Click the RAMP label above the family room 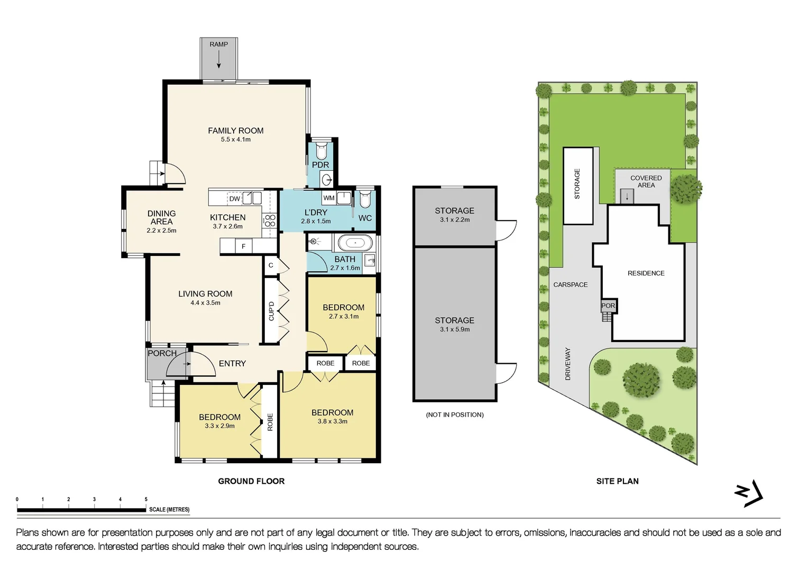(218, 44)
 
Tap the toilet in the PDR (321, 151)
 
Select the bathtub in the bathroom (355, 243)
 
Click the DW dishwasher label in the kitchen (234, 199)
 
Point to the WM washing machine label (329, 198)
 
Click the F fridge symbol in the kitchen (243, 246)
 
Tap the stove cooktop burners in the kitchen (270, 220)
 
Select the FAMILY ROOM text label (235, 131)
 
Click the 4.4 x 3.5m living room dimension (205, 303)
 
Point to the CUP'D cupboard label (271, 311)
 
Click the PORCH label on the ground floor (162, 353)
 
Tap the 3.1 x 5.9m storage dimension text (454, 329)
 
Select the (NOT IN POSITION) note (455, 415)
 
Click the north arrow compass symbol (749, 494)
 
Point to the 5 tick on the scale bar (146, 500)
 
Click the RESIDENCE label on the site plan (646, 273)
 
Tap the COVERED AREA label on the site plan (646, 181)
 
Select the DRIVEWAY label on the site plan (568, 364)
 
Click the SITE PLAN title (617, 481)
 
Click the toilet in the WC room (365, 200)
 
